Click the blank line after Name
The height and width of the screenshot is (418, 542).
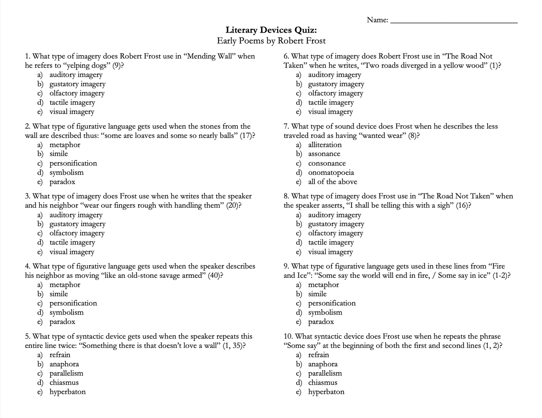pos(454,22)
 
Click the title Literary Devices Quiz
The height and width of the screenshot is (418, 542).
pos(271,30)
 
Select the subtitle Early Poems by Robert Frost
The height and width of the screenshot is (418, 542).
pos(271,41)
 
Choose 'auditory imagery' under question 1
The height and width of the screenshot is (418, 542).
pos(76,75)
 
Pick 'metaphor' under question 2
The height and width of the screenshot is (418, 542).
pos(65,145)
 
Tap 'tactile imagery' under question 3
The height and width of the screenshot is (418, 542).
pos(72,243)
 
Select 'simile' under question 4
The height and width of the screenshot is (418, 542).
pos(59,294)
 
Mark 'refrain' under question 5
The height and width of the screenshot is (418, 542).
pos(60,355)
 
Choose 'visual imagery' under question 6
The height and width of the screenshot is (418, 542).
pos(330,112)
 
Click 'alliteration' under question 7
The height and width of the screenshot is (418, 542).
pos(325,145)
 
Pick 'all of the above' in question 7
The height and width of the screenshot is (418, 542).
pos(332,182)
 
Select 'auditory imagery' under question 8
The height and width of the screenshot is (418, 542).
pos(335,215)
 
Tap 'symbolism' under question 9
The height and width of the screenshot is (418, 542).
pos(325,312)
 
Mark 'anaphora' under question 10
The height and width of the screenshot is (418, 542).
pos(323,364)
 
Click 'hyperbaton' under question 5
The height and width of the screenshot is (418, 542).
pos(68,392)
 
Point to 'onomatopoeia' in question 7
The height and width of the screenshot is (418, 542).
pos(331,172)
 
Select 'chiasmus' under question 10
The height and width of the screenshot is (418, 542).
pos(323,382)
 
